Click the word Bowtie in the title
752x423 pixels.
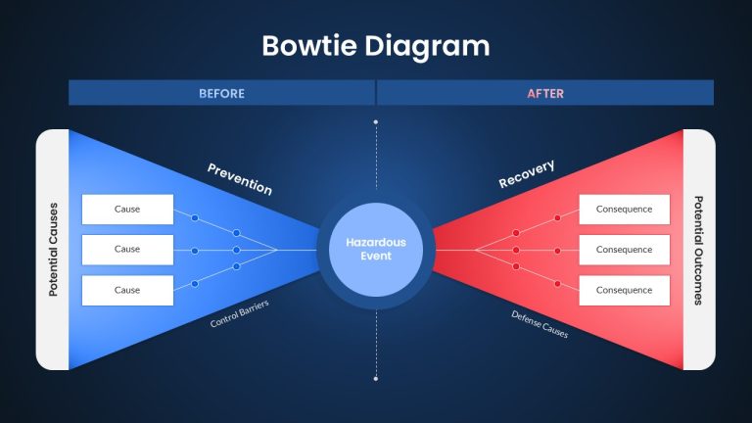[x=309, y=46]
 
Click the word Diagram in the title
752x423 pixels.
[x=427, y=47]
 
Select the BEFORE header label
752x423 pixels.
[x=221, y=94]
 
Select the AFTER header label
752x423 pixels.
[x=545, y=94]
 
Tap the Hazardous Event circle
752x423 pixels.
[x=376, y=250]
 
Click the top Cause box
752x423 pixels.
[x=127, y=210]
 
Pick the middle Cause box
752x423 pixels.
[x=127, y=250]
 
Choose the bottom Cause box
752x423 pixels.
[x=127, y=290]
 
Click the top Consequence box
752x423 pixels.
[x=625, y=210]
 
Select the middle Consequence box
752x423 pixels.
[x=625, y=250]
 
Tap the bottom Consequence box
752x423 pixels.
[x=625, y=290]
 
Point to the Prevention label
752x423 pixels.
[x=240, y=179]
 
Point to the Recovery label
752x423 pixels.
[x=527, y=173]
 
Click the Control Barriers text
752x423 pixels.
[x=239, y=313]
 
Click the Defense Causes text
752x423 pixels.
[x=540, y=324]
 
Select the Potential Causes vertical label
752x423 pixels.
[x=53, y=250]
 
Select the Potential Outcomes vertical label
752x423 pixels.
[x=699, y=250]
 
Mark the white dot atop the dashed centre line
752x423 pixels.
[x=376, y=122]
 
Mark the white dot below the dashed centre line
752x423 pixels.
[x=376, y=379]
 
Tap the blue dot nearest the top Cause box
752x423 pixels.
[x=195, y=218]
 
